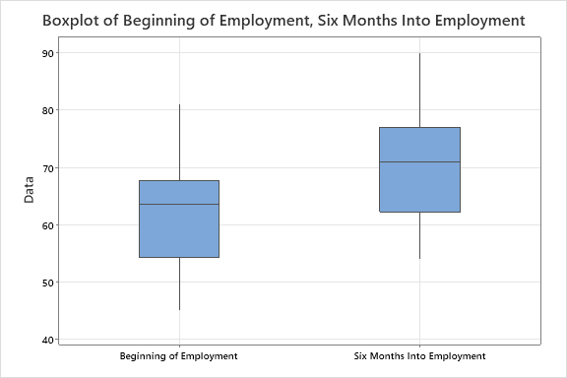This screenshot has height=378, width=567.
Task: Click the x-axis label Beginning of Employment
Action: coord(178,355)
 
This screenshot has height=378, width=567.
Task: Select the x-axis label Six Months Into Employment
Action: coord(419,355)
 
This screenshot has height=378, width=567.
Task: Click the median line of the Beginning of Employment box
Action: coord(179,204)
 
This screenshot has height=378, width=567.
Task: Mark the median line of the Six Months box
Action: coord(419,161)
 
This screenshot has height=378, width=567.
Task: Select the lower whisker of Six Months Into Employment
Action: coord(419,235)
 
